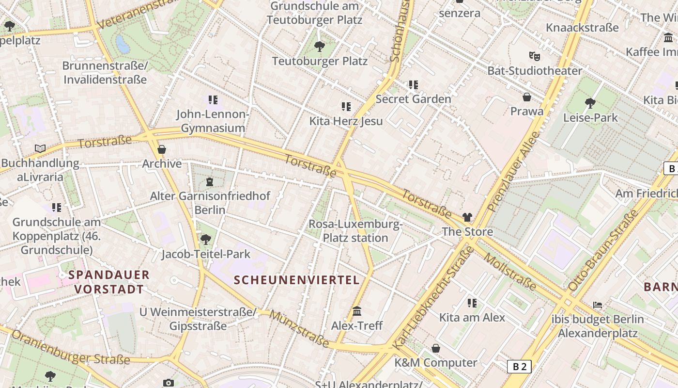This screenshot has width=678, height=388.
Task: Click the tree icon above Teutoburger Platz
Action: point(319,47)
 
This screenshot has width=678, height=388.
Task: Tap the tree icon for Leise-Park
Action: point(590,103)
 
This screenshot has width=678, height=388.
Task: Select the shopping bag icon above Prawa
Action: point(527,97)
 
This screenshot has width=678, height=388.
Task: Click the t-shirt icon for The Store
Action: point(467,217)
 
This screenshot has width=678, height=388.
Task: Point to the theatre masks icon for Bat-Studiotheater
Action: point(534,56)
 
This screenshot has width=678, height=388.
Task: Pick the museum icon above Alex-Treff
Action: point(357,311)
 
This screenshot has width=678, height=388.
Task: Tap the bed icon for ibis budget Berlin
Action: point(598,305)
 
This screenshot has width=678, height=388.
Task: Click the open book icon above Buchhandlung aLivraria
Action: point(40,148)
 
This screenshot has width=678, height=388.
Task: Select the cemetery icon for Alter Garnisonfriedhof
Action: point(209,182)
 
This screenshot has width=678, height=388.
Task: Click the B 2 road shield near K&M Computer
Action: point(519,367)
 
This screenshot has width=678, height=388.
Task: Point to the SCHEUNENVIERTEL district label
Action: point(297,280)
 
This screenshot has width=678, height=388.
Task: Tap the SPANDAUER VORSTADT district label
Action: point(109,282)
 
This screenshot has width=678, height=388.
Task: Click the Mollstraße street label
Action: point(510,272)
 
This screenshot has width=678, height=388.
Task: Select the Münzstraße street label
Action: point(299,329)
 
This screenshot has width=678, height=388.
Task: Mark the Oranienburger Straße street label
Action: point(71,348)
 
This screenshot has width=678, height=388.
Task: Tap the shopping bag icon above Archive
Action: point(162,149)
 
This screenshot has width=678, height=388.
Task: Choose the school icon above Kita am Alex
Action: point(472,303)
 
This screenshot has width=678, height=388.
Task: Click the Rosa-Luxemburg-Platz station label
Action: point(355,231)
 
